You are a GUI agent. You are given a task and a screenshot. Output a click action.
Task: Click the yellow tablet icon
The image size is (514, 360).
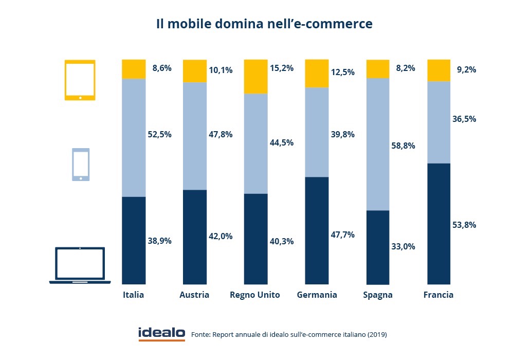[80, 80]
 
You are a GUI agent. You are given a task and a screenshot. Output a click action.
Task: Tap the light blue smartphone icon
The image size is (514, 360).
[80, 165]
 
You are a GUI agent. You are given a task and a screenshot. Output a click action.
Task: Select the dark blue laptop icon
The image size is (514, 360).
[80, 265]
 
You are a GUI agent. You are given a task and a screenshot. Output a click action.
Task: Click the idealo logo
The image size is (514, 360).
[161, 333]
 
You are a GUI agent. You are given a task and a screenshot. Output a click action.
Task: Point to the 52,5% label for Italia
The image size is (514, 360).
[159, 134]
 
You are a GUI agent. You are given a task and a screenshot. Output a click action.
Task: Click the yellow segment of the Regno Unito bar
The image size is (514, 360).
[255, 77]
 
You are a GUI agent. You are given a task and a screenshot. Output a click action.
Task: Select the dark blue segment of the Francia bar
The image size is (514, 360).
[438, 223]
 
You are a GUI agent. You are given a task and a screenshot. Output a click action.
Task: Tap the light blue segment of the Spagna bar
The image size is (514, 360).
[377, 144]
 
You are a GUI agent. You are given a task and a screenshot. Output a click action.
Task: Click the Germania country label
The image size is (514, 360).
[317, 295]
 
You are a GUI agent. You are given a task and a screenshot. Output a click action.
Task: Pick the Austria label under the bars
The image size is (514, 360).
[194, 295]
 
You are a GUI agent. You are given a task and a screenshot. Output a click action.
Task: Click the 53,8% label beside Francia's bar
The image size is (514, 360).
[464, 225]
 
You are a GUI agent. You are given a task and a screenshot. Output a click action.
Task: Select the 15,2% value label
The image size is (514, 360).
[282, 68]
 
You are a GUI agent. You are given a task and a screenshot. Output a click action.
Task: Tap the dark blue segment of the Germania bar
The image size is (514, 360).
[317, 230]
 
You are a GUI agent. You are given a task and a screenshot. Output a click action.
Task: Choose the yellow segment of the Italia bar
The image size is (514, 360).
[134, 69]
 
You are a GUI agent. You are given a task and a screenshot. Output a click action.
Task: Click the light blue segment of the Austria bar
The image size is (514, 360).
[195, 136]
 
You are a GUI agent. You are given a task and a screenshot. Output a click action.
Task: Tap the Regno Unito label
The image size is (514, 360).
[255, 295]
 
